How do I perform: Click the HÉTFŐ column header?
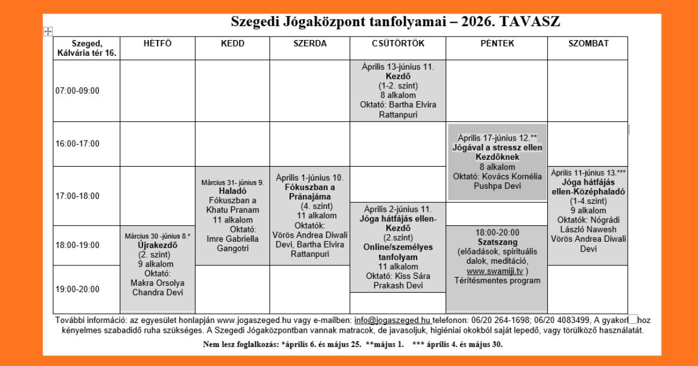point(158,44)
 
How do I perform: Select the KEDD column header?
point(232,44)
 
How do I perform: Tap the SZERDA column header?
point(309,44)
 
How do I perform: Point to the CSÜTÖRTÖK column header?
point(398,44)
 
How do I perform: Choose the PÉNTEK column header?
point(497,44)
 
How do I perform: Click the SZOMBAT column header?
point(588,44)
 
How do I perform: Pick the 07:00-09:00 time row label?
point(77,91)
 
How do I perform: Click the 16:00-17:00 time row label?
point(77,143)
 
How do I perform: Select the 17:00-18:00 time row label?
point(77,196)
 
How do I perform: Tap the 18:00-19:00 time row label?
point(77,245)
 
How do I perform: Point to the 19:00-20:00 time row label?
point(77,289)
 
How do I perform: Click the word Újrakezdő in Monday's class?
point(157,245)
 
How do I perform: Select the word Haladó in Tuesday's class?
point(232,191)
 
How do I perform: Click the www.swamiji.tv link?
point(494,271)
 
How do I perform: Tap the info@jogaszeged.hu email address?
point(392,320)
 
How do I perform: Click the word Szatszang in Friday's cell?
point(496,242)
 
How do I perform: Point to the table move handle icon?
point(48,31)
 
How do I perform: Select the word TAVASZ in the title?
point(529,22)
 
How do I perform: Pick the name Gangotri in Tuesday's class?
point(232,248)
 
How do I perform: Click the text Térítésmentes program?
point(497,281)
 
